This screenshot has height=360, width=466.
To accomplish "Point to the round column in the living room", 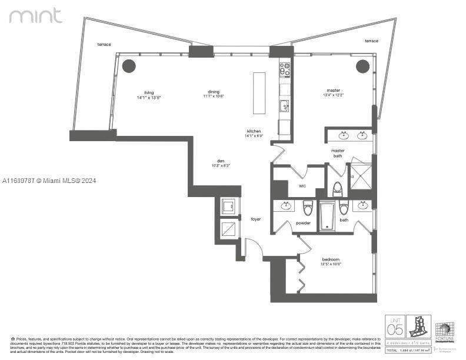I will click(129, 65).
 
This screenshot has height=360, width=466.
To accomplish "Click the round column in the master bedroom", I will click(362, 65).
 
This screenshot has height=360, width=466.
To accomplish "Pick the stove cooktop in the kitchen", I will click(285, 69).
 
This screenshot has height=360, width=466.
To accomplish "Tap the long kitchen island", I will click(259, 93).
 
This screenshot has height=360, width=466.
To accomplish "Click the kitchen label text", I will click(254, 131).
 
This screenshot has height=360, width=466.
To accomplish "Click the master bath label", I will click(337, 153).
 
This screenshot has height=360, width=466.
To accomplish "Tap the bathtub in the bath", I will click(328, 216).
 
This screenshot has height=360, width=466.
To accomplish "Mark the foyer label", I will click(255, 219).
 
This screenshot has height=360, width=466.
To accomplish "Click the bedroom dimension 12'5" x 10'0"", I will click(331, 264).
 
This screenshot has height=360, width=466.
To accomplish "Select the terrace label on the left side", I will click(104, 45).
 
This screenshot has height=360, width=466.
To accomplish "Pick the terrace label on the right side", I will click(371, 41).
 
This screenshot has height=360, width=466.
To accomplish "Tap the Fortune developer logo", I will click(444, 330).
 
